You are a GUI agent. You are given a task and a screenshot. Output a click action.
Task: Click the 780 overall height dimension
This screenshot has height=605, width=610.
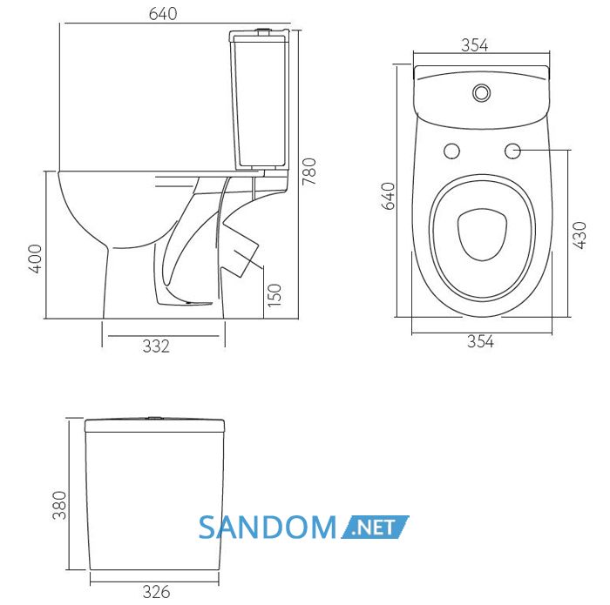pos(309,171)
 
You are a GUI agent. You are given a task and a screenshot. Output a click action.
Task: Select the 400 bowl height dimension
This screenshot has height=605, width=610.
pos(36,259)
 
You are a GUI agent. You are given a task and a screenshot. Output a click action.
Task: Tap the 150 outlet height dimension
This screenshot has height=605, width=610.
pos(274,295)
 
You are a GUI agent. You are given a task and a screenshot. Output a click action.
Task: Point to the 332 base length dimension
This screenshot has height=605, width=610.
pos(156,346)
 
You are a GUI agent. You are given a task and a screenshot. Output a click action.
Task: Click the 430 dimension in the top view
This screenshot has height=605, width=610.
pos(579,235)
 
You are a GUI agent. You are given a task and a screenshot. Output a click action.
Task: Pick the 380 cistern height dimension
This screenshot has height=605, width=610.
pos(60,505)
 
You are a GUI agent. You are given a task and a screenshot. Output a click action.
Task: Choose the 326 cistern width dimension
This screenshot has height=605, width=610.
pos(156,592)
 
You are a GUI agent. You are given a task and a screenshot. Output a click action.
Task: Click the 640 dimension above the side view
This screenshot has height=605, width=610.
pos(163,14)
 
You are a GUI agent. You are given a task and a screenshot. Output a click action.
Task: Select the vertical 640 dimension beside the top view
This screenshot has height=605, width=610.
pos(388,196)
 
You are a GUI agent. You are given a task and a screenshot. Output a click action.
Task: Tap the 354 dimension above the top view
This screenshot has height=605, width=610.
pos(475,45)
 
